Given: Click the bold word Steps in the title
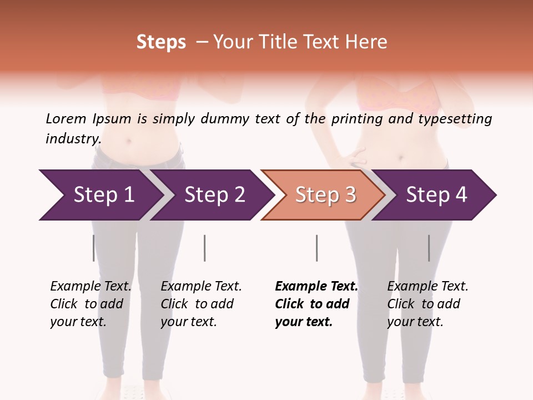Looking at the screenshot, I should pos(161,42).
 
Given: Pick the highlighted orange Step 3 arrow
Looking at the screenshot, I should pos(325,195).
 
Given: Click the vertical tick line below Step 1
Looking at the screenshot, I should pos(93,248).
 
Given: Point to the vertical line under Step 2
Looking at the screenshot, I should pos(205,248).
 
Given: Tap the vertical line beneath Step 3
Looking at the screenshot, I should pos(316,248).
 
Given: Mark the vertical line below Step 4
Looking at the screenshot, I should pos(429,248).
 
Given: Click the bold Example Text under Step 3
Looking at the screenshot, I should pos(316,287).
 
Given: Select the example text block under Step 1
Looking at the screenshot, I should pos(90,304).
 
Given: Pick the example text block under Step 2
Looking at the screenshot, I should pos(201,304).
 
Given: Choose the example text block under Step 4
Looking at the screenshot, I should pos(428,304).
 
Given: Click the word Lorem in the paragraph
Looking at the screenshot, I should pos(66,119).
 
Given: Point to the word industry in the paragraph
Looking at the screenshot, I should pos(73,138).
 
